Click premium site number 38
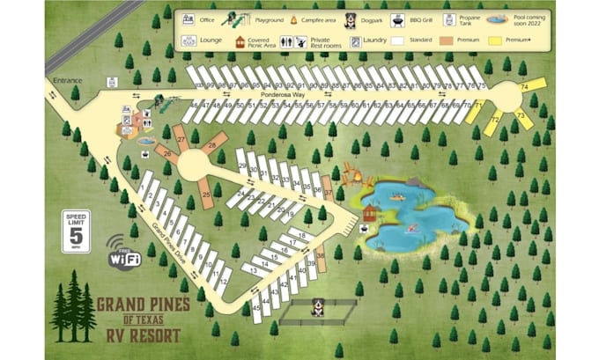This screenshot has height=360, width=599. pos(321,255)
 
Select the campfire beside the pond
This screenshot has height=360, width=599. pos(357,180)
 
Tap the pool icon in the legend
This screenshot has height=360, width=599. pos(499,18)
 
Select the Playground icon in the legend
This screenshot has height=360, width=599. pos(234,18)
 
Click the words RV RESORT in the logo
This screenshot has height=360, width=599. pos(140,335)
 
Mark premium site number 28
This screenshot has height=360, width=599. pos(211,145)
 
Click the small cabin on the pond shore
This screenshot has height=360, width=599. pos(371,214)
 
